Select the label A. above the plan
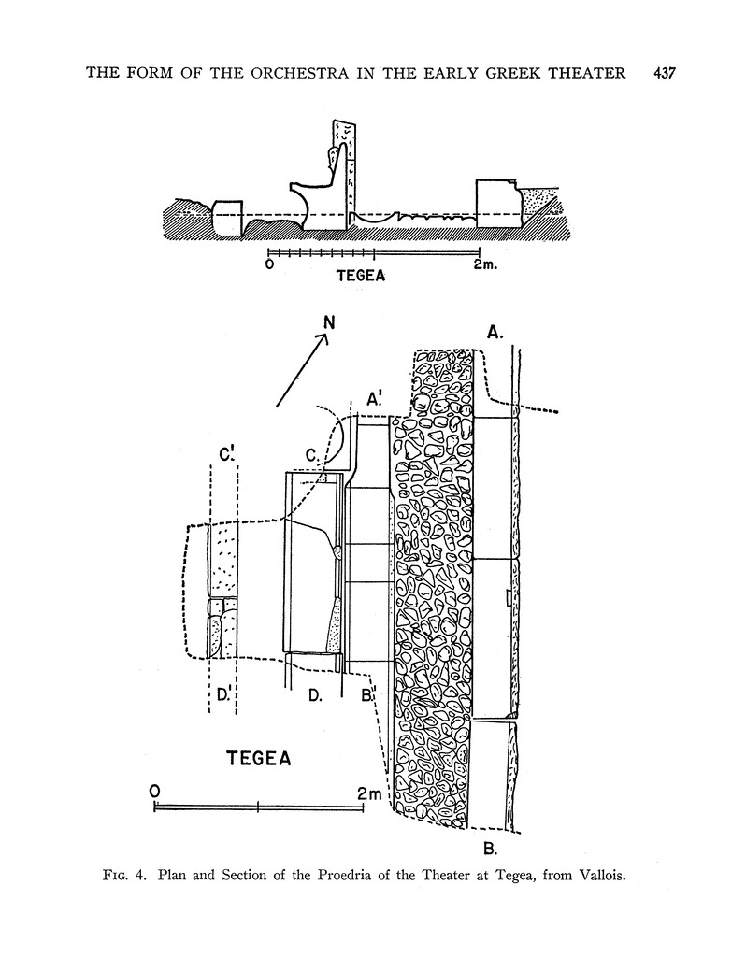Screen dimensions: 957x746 coord(496,330)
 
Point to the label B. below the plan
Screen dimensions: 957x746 coord(489,849)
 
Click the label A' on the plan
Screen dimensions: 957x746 coord(377,400)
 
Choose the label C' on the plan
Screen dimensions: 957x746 coord(225,455)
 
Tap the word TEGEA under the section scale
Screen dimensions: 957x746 coord(361,277)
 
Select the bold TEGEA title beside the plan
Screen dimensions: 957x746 coord(259,758)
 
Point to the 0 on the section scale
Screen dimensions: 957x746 coord(269,264)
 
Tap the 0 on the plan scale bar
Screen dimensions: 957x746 coord(154,791)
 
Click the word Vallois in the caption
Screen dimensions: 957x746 coord(592,877)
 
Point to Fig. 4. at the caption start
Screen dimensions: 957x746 coord(129,877)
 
